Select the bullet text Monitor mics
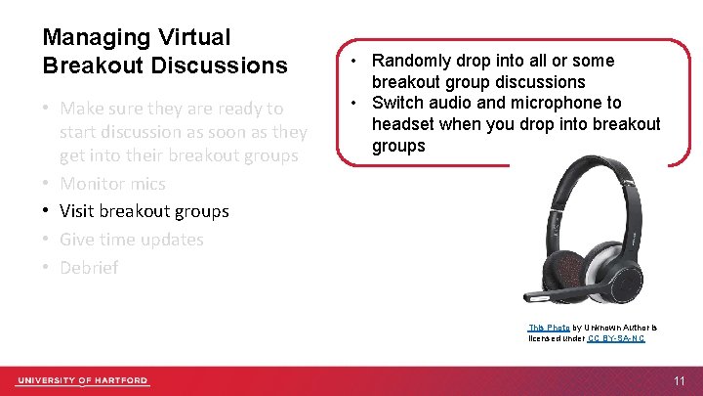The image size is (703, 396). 112,184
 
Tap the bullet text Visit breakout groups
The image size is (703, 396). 144,211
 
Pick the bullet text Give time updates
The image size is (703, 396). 131,240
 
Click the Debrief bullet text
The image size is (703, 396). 89,267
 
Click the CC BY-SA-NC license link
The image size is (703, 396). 616,338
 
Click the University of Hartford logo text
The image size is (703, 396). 82,380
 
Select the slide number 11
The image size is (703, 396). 680,380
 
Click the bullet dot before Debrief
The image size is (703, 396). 47,267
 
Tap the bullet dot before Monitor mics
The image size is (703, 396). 47,184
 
